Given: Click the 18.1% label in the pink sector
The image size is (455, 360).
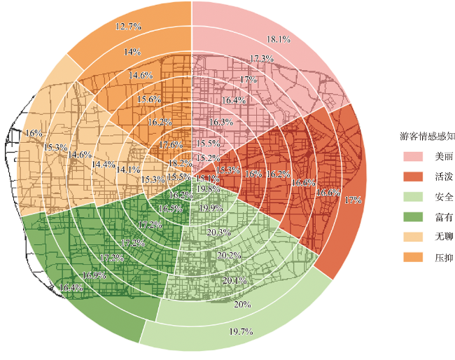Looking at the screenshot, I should click(279, 39).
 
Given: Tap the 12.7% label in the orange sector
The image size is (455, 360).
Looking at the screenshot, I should click(127, 26).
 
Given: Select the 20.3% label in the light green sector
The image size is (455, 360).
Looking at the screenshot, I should click(219, 233).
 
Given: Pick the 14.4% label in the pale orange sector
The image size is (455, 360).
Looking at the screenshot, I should click(104, 165).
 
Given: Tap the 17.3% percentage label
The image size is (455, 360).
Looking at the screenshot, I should click(261, 58).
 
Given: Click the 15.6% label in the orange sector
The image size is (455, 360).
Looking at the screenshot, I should click(148, 99).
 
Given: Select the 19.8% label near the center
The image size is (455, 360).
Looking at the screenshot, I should click(208, 188).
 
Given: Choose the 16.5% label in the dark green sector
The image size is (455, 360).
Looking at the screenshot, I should click(170, 209).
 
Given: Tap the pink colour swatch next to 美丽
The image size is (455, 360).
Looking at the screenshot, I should click(412, 155).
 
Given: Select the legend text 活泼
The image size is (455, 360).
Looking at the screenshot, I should click(442, 176).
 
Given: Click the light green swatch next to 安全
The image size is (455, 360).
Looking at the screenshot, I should click(412, 196).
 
